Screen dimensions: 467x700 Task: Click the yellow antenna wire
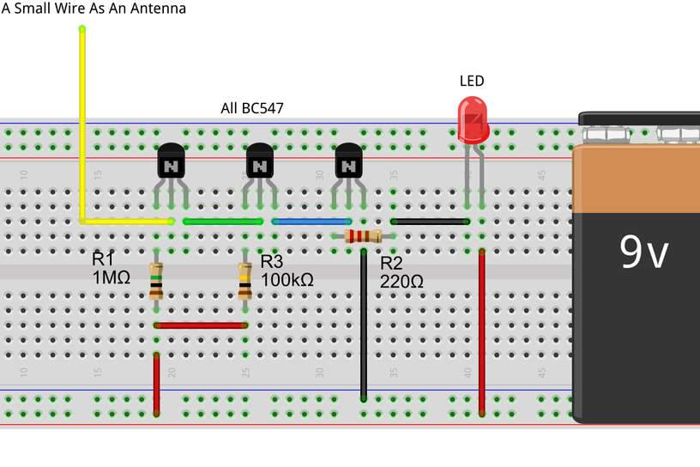click(82, 129)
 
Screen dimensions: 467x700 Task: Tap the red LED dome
click(473, 118)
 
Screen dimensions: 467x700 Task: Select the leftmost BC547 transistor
click(171, 162)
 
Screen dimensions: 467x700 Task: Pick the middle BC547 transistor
click(260, 162)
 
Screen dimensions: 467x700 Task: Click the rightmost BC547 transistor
click(348, 162)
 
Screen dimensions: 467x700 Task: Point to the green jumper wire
click(223, 221)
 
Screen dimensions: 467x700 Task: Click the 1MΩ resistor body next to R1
click(156, 281)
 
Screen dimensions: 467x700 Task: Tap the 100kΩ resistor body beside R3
click(245, 281)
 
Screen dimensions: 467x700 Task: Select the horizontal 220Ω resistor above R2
click(363, 236)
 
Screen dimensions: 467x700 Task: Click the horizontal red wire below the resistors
click(201, 325)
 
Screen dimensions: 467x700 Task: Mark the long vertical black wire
click(364, 326)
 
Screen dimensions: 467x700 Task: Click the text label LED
click(472, 82)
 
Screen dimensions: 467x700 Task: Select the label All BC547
click(252, 109)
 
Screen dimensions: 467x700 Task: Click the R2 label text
click(391, 263)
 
